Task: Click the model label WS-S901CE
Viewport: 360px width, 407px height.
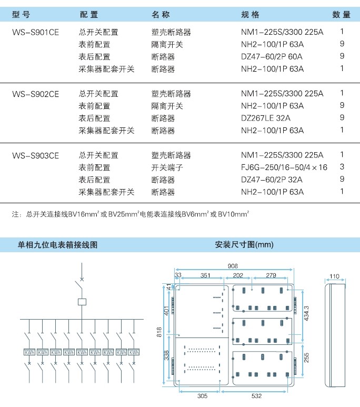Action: tap(36, 32)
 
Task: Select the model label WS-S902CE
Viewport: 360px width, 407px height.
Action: tap(36, 94)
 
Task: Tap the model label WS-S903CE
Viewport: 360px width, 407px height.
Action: tap(36, 155)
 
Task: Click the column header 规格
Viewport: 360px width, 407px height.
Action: tap(250, 15)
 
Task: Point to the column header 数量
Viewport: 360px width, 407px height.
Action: tap(341, 15)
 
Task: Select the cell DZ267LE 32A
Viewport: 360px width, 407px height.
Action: tap(265, 118)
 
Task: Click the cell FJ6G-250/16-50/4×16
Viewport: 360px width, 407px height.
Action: tap(284, 167)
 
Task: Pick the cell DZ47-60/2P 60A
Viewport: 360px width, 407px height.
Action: tap(272, 56)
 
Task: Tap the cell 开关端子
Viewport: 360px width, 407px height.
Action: tap(167, 167)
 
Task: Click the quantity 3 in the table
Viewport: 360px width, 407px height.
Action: tap(342, 166)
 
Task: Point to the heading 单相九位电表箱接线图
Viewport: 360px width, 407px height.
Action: tap(57, 245)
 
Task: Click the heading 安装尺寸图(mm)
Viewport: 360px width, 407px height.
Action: tap(244, 244)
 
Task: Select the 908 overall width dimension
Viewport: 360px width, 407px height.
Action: tap(233, 266)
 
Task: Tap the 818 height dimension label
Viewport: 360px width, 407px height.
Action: tap(159, 332)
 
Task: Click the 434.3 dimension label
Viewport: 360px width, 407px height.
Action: tap(306, 313)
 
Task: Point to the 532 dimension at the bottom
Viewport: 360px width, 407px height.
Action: tap(256, 396)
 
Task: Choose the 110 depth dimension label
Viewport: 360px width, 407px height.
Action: tap(334, 276)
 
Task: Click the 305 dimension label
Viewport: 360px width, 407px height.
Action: tap(203, 396)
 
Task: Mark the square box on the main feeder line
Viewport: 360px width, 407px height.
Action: tap(82, 302)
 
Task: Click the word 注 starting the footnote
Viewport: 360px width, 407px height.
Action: tap(15, 214)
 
